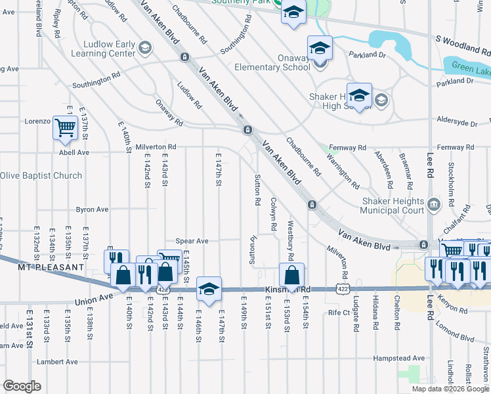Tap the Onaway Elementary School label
[x=272, y=66]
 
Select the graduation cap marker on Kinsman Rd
[x=209, y=288]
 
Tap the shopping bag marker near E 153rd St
[x=291, y=275]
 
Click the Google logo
[x=22, y=386]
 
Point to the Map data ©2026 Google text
[x=450, y=389]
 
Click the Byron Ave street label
[x=92, y=209]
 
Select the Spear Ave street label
[x=192, y=241]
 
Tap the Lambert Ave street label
[x=57, y=361]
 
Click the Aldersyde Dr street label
[x=456, y=123]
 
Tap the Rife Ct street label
[x=340, y=313]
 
